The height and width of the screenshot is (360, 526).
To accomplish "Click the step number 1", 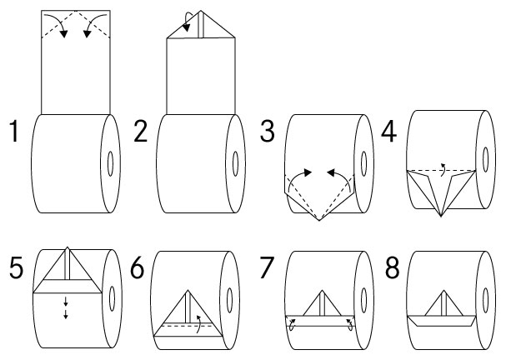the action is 14,131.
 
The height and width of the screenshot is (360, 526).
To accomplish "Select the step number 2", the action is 140,131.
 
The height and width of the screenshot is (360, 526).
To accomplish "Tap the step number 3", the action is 268,131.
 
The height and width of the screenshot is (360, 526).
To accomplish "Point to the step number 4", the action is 389,132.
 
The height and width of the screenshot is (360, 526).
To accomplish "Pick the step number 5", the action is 16,267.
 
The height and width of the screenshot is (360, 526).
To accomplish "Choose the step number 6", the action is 137,267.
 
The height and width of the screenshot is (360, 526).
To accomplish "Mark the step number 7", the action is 267,267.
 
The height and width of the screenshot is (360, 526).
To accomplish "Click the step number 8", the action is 392,267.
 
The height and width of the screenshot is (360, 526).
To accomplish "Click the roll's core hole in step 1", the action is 110,163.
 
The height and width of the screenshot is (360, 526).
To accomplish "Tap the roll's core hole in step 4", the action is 485,159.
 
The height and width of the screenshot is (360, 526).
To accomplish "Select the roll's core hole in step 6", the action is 230,300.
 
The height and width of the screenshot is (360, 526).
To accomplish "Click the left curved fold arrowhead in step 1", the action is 63,34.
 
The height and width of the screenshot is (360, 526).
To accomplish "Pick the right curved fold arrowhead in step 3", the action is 332,173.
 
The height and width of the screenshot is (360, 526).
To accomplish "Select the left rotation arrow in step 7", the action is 293,325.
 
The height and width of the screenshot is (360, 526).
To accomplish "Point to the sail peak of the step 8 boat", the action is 444,291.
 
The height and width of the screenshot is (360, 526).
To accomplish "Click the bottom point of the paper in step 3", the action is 319,221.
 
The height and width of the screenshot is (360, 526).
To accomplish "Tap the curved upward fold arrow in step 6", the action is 198,324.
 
